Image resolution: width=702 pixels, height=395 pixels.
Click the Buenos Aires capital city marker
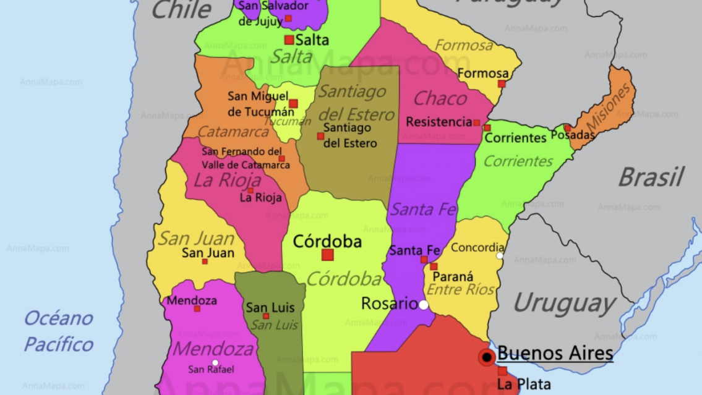pyautogui.click(x=487, y=357)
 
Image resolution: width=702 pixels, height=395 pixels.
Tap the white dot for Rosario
pyautogui.click(x=424, y=305)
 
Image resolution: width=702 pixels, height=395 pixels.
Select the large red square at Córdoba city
pyautogui.click(x=328, y=255)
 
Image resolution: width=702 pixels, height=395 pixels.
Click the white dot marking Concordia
pyautogui.click(x=500, y=256)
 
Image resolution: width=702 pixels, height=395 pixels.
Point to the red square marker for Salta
pyautogui.click(x=289, y=40)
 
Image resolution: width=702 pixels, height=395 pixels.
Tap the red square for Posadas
pyautogui.click(x=567, y=128)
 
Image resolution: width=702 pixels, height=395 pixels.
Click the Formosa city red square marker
pyautogui.click(x=502, y=83)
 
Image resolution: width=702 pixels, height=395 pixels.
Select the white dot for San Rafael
pyautogui.click(x=215, y=363)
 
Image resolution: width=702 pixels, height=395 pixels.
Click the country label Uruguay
pyautogui.click(x=563, y=304)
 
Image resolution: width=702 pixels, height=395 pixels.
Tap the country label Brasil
pyautogui.click(x=651, y=177)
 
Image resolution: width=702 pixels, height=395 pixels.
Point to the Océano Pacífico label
pyautogui.click(x=59, y=331)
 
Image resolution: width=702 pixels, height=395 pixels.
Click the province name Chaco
pyautogui.click(x=440, y=98)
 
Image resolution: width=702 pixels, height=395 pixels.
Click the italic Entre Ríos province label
pyautogui.click(x=461, y=289)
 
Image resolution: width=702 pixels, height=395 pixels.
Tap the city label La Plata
pyautogui.click(x=524, y=384)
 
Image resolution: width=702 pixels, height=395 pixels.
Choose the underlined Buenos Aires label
pyautogui.click(x=555, y=353)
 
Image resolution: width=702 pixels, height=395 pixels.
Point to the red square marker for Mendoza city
pyautogui.click(x=197, y=308)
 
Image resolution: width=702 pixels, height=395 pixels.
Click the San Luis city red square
pyautogui.click(x=266, y=316)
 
